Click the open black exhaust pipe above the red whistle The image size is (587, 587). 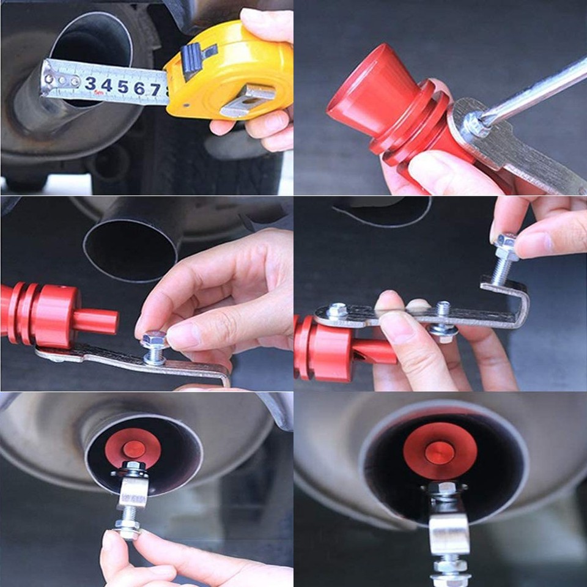pyautogui.click(x=131, y=245)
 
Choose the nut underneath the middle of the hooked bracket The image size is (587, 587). pyautogui.click(x=443, y=330)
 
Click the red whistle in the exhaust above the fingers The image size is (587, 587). pyautogui.click(x=133, y=447)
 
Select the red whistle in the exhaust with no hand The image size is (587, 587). pyautogui.click(x=440, y=451)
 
